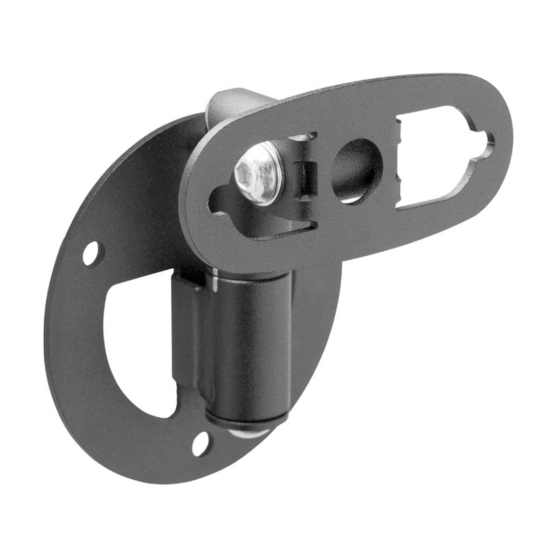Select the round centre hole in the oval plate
click(x=356, y=170)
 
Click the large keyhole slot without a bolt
click(x=431, y=156)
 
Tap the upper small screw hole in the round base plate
click(x=93, y=252)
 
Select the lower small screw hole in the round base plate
click(x=202, y=443)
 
